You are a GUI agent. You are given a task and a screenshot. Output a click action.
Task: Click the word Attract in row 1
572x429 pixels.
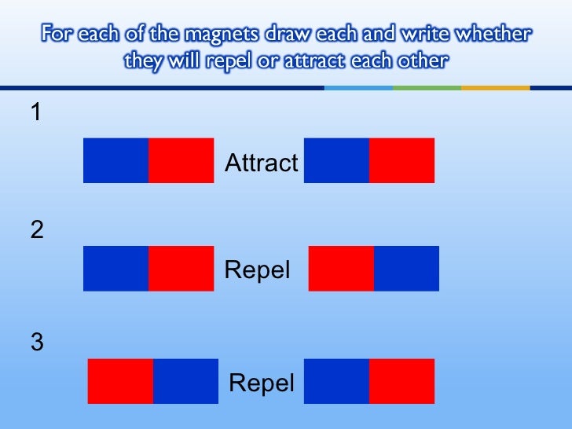tap(262, 163)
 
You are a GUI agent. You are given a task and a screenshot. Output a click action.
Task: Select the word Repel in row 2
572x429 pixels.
tap(257, 270)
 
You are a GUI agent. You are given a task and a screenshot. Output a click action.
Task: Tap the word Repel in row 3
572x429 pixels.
tap(261, 383)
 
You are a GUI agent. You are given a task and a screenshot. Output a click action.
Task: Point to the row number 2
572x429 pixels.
tap(37, 230)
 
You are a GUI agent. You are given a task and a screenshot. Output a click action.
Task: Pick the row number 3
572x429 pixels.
tap(37, 343)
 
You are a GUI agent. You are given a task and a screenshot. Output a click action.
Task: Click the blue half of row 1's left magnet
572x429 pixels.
tap(115, 160)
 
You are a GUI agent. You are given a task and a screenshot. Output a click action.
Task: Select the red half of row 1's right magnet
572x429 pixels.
tap(401, 160)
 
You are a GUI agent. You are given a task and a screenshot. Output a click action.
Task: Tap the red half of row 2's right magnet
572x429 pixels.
tap(341, 268)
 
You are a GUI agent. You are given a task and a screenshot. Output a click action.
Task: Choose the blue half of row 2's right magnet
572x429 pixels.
tap(406, 268)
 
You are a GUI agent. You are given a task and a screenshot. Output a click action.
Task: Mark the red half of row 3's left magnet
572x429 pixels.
tap(120, 381)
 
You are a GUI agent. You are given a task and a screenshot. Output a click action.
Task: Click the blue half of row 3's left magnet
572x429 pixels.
tap(185, 381)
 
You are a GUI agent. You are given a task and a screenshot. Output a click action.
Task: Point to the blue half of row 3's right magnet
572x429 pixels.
tap(336, 381)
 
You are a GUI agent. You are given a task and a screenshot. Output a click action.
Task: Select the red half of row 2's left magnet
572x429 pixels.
tap(181, 268)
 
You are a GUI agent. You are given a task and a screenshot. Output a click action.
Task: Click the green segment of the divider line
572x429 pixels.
tap(427, 88)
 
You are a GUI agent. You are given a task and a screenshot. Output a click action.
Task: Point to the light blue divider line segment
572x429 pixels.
tap(358, 88)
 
